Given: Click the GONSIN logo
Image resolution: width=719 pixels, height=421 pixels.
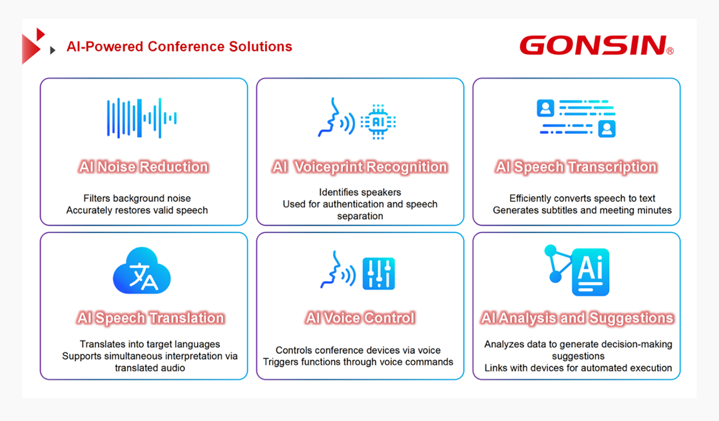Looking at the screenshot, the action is point(597,45).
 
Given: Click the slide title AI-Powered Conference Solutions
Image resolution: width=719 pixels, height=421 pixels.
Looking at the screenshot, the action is point(179,47).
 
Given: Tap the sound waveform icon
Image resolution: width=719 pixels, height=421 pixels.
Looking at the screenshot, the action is point(142,118).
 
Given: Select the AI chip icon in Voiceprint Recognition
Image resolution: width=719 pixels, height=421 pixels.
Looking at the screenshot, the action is point(378,122).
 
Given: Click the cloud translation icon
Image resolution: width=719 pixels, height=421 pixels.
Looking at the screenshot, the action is point(142,270).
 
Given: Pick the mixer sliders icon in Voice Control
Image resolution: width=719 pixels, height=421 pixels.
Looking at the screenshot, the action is point(378,274).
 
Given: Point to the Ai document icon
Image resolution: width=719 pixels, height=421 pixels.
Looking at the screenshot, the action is point(590,272).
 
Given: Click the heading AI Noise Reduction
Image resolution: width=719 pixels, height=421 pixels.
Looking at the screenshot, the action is point(144,167).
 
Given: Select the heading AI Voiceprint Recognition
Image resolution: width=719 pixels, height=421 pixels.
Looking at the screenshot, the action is point(359,167).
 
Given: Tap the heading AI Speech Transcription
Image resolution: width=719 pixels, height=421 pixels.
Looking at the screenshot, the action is point(577,167).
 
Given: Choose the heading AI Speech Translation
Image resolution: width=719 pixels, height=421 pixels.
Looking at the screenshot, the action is point(150,318).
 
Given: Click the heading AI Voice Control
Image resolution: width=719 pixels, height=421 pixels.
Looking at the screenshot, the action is point(360,318).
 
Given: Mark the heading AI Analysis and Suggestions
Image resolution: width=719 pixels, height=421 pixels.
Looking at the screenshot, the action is point(577,318).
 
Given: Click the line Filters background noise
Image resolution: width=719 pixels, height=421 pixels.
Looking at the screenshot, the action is point(137,198).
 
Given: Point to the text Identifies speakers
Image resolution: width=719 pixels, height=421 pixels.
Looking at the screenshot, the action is point(360,192).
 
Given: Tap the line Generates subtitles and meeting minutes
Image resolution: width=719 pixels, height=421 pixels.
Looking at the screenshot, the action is point(583,210).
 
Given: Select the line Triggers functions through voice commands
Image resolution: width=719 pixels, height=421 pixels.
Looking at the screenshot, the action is point(358,362).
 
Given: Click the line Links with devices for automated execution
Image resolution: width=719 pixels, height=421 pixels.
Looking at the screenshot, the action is point(579,368).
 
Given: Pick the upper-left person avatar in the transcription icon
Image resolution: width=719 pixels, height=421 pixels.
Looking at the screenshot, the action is point(545,108).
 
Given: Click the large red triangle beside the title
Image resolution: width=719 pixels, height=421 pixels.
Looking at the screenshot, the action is point(30,49).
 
